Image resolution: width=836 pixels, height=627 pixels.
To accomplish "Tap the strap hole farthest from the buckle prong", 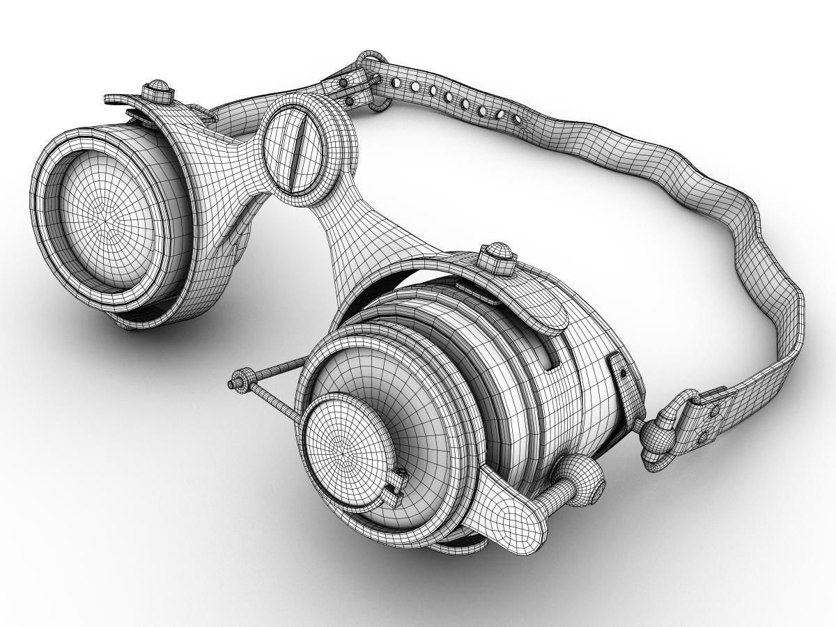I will [x=516, y=119].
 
